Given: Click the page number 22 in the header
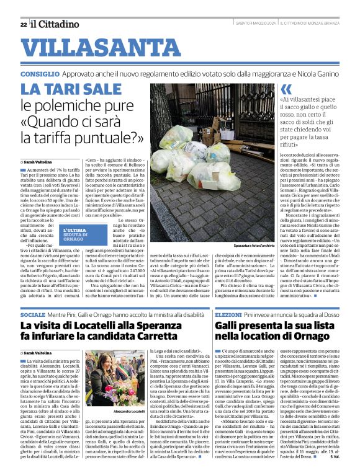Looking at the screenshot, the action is [x=24, y=24].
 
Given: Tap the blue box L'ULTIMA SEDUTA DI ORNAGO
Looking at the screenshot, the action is [x=77, y=236].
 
